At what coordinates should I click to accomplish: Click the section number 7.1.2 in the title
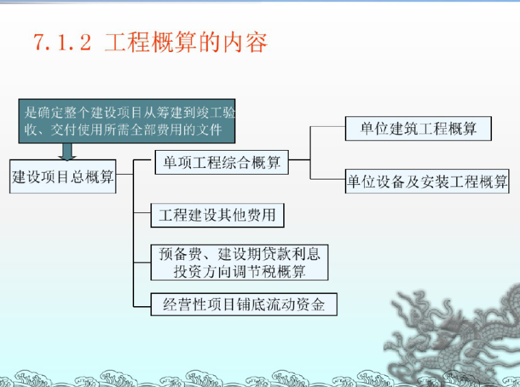point(62,42)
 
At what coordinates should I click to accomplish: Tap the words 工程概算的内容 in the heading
point(185,42)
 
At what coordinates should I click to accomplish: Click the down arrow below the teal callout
point(66,151)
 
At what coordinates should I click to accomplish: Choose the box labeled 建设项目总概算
point(63,177)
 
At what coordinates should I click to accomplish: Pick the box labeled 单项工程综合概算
point(222,164)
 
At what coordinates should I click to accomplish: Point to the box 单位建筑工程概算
point(418,128)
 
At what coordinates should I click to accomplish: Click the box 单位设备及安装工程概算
point(427,182)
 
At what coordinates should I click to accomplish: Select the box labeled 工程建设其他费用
point(218,215)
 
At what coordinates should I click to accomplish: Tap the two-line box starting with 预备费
point(239,262)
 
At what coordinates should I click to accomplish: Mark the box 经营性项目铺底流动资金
point(244,304)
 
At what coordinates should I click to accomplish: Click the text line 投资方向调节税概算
point(239,271)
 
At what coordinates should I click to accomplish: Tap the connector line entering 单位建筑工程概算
point(328,127)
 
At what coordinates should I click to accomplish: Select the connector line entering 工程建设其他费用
point(142,216)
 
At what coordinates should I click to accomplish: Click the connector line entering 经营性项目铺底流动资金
point(142,304)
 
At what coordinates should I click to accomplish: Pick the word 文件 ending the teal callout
point(225,129)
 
